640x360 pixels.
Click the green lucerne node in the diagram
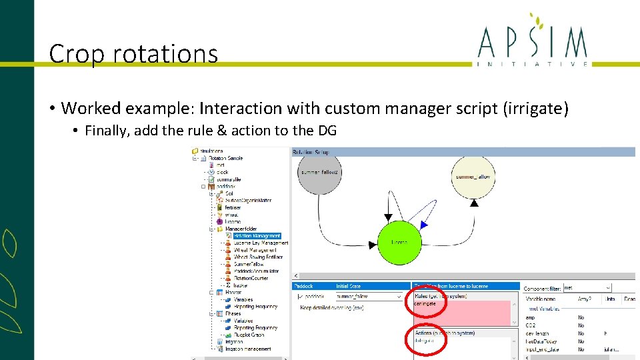tap(400, 243)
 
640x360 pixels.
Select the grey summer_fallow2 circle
tap(319, 173)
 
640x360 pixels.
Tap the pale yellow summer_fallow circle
tap(473, 177)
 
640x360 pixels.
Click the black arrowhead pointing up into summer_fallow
tap(474, 203)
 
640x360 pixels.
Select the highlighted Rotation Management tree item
tap(257, 235)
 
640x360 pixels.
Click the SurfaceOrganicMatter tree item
tap(248, 200)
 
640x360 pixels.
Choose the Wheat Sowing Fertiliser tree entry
tap(258, 257)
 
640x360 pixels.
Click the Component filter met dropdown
tap(587, 287)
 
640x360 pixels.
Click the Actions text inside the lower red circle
tap(423, 340)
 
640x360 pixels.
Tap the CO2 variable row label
tap(531, 325)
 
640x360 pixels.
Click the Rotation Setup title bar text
tap(310, 152)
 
